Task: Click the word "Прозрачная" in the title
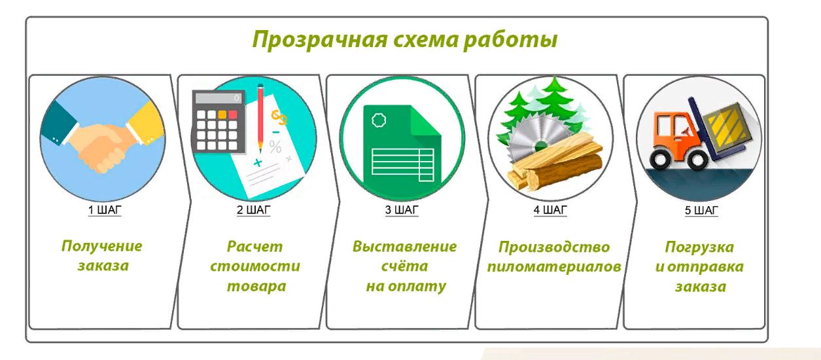tap(320, 39)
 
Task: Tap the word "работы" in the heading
tap(510, 39)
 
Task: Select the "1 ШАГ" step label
tap(105, 210)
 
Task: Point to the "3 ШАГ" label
tap(402, 210)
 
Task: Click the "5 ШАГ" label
tap(701, 210)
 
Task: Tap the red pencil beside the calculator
tap(260, 118)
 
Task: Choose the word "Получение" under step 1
tap(102, 246)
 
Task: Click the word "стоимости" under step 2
tap(255, 266)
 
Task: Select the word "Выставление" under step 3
tap(405, 246)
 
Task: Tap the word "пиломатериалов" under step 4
tap(554, 267)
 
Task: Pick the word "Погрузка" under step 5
tap(699, 247)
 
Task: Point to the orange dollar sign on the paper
tap(279, 117)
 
